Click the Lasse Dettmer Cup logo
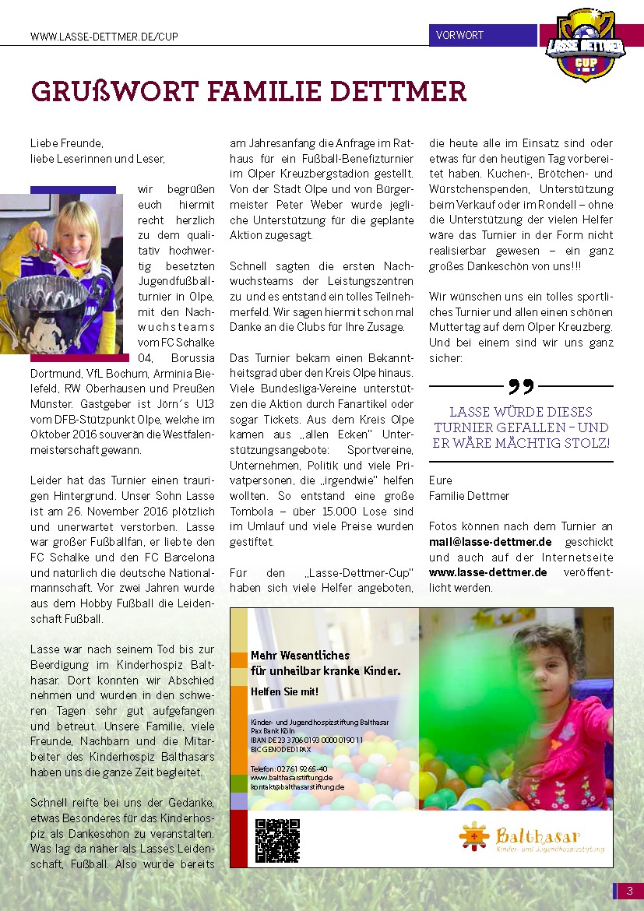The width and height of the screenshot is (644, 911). (x=592, y=47)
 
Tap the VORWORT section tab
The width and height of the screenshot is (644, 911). (x=460, y=35)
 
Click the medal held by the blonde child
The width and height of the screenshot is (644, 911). (x=47, y=254)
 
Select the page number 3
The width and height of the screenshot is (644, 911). (x=629, y=891)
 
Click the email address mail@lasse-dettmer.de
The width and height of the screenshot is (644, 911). (x=490, y=541)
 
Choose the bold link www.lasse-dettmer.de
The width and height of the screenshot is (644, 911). (x=487, y=572)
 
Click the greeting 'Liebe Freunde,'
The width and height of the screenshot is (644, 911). (x=66, y=144)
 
